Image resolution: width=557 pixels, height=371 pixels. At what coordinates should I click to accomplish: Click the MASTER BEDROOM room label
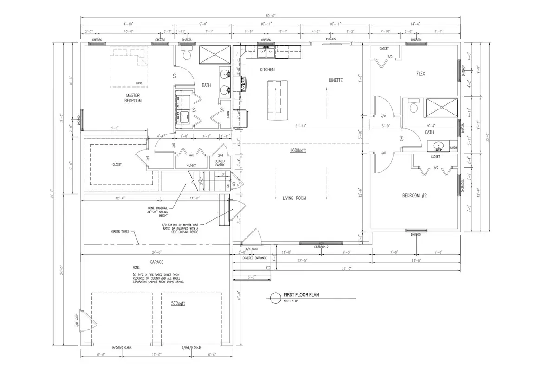point(133,98)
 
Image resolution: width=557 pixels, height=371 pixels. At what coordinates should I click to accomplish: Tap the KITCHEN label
point(267,70)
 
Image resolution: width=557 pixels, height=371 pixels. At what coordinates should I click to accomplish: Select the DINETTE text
point(336,80)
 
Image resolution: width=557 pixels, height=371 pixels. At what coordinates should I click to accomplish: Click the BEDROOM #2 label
point(414,196)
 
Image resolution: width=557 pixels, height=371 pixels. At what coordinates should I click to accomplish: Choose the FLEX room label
point(420,74)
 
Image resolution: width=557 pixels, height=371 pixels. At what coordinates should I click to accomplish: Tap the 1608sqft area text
point(298,151)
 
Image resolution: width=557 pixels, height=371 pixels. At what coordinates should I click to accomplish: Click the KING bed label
point(138,83)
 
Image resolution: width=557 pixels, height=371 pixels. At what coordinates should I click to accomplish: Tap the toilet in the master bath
point(187,54)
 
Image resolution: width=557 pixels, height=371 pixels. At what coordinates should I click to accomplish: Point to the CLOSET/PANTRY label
point(220,163)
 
